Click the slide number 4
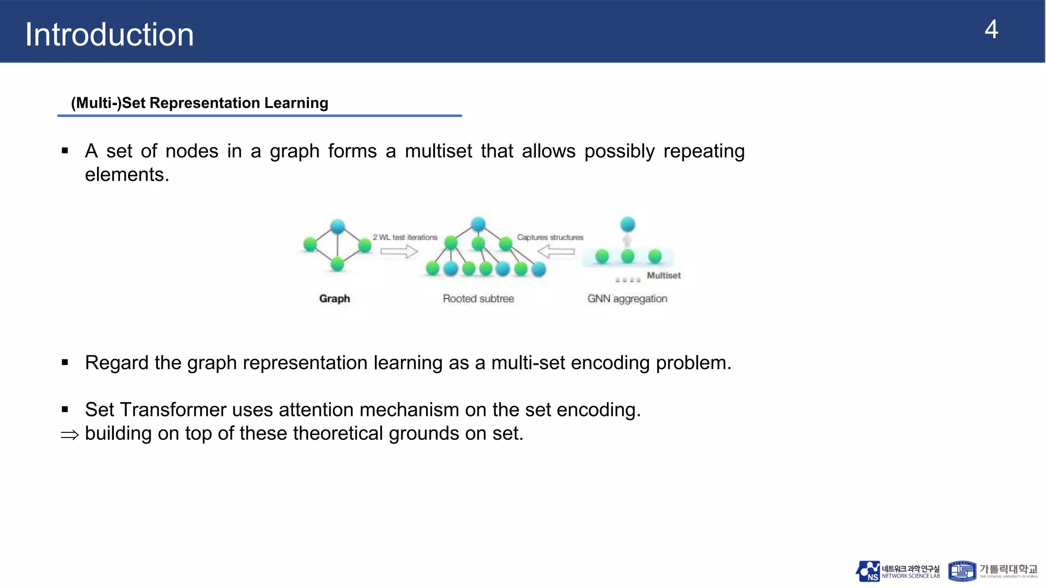click(x=991, y=30)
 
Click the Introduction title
click(x=109, y=35)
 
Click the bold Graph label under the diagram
click(x=335, y=299)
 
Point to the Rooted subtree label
click(x=478, y=299)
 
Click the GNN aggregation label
click(x=627, y=299)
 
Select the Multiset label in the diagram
click(x=663, y=276)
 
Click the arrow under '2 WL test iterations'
click(x=399, y=251)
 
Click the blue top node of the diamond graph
click(x=338, y=226)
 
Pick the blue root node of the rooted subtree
click(x=478, y=224)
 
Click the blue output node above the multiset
click(x=627, y=224)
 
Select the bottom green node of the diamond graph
click(x=337, y=264)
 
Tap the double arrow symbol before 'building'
click(x=69, y=435)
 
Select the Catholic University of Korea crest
click(x=962, y=571)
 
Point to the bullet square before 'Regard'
click(x=65, y=363)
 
